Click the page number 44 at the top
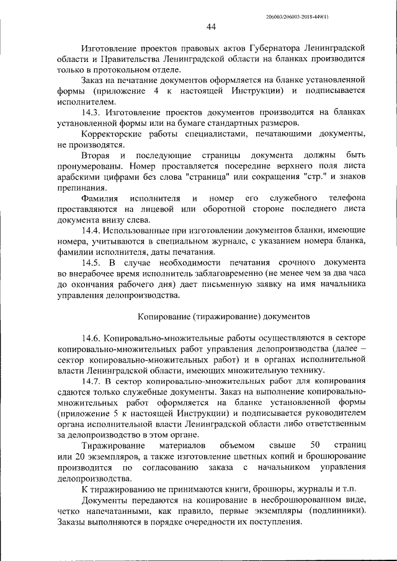coord(211,27)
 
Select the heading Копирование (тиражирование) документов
coord(223,316)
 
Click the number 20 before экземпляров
coord(81,456)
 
